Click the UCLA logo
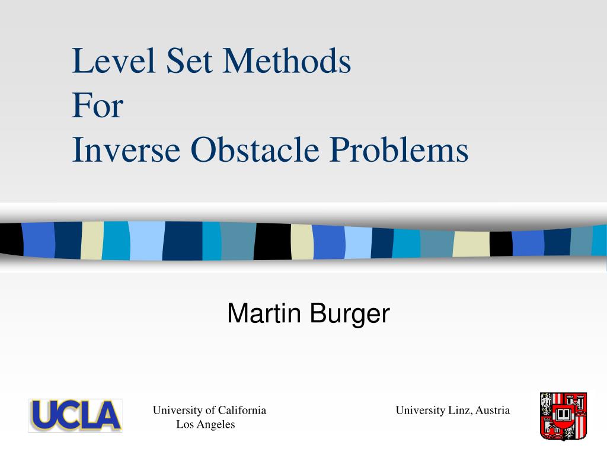[75, 415]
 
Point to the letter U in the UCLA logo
[44, 415]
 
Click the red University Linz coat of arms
[563, 416]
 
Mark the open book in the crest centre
[563, 412]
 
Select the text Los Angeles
[206, 425]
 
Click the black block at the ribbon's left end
[11, 240]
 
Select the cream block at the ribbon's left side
[92, 241]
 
